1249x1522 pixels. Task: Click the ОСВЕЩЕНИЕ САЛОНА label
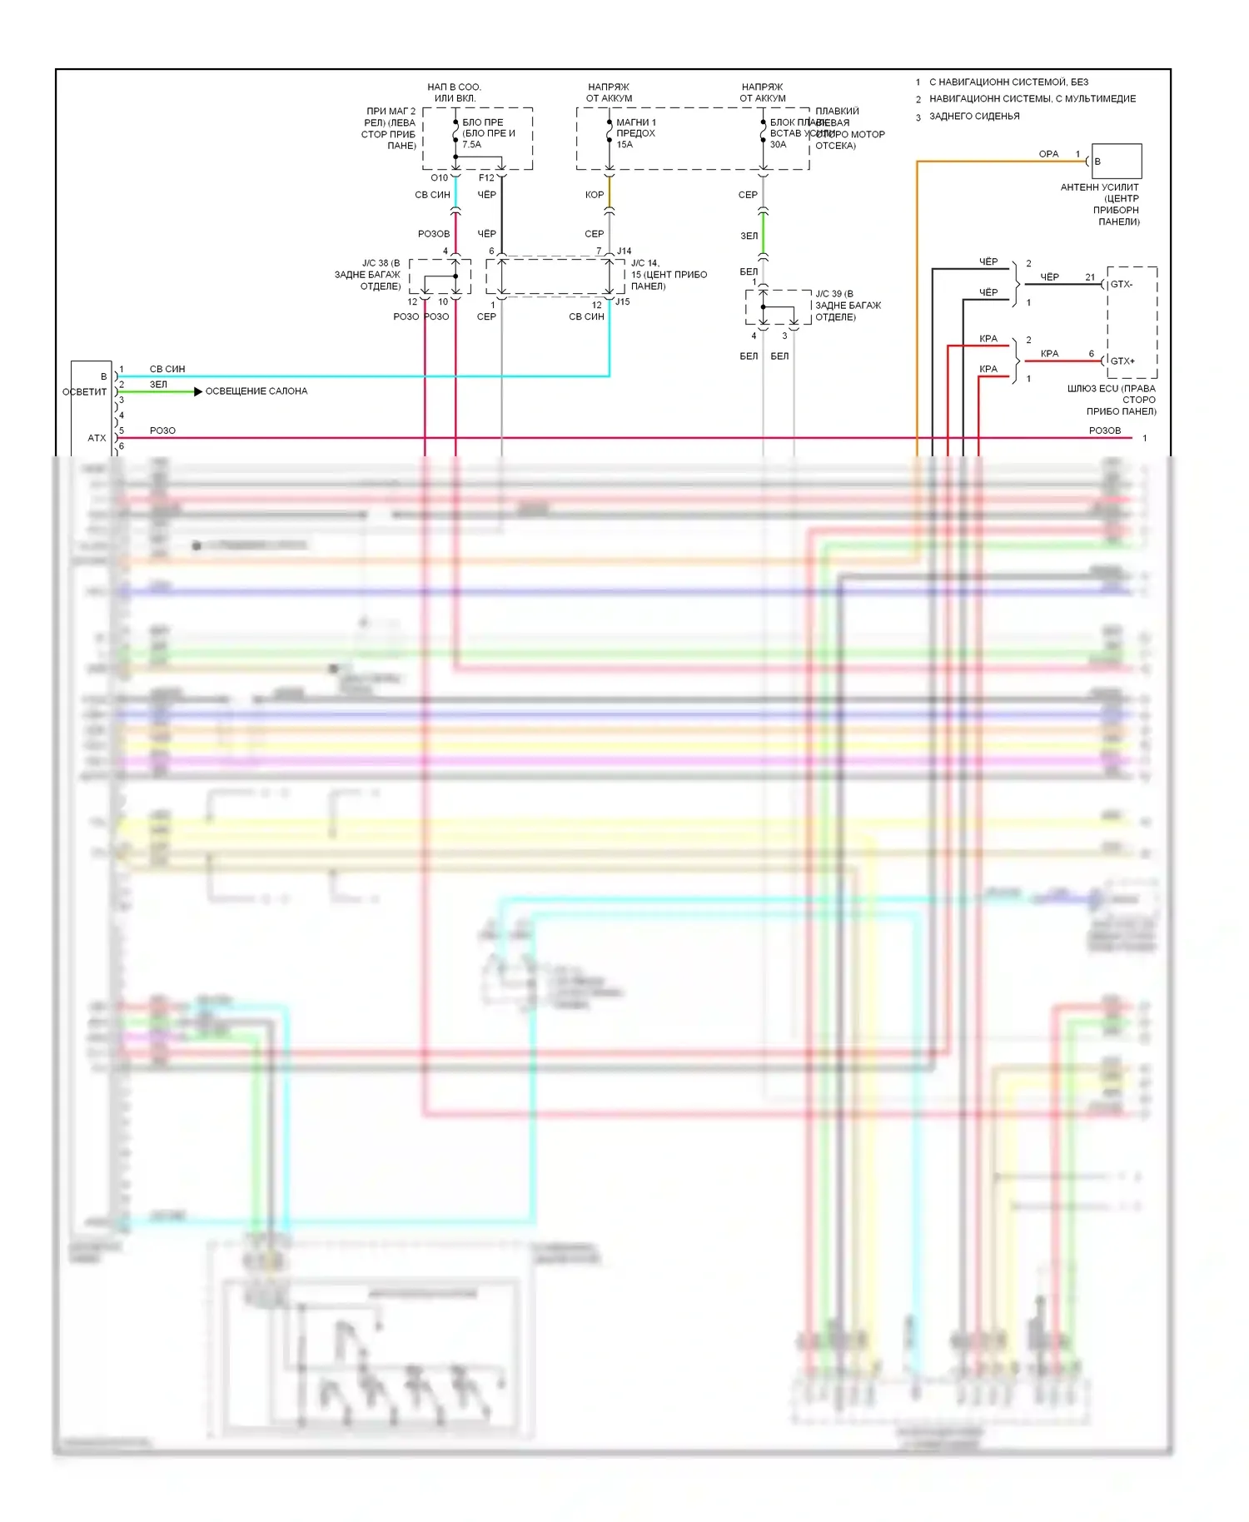(x=256, y=391)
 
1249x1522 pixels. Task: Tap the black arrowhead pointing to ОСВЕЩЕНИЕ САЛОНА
(x=198, y=391)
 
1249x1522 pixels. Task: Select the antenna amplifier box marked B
(x=1117, y=162)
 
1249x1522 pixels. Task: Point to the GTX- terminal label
(x=1122, y=285)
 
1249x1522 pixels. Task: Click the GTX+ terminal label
(x=1122, y=361)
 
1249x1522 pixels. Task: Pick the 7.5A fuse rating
(x=472, y=145)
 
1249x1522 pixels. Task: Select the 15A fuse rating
(x=624, y=145)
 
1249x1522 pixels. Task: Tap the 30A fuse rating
(x=778, y=145)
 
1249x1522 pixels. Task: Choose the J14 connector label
(x=624, y=251)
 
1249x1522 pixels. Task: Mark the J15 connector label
(x=623, y=302)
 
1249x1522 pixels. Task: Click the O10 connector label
(x=439, y=178)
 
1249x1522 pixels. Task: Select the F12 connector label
(x=486, y=178)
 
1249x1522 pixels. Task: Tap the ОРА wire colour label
(x=1048, y=154)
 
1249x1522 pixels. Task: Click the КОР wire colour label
(x=595, y=195)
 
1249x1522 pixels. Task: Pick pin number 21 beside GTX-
(x=1090, y=277)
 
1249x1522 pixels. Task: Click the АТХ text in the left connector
(x=97, y=438)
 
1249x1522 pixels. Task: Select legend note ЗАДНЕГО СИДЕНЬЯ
(x=974, y=117)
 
